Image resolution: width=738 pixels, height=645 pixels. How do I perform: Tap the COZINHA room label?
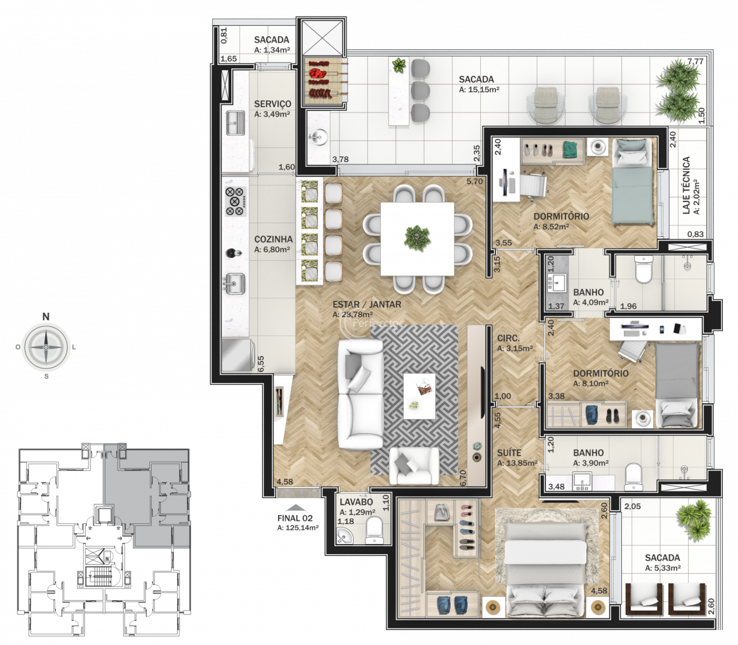[273, 239]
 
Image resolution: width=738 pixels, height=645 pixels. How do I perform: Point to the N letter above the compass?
[46, 317]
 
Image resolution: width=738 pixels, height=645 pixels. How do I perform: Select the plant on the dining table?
[418, 238]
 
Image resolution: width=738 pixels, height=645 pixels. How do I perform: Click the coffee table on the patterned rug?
[419, 396]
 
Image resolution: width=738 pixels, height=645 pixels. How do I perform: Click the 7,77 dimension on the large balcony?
[695, 61]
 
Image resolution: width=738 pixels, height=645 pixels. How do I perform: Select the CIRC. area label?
[508, 338]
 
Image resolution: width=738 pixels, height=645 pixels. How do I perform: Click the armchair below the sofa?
[414, 466]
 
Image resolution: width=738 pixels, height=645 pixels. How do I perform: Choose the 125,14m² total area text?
[298, 528]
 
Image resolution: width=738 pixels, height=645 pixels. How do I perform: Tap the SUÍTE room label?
[509, 453]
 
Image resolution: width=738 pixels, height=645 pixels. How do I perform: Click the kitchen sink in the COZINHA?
[235, 283]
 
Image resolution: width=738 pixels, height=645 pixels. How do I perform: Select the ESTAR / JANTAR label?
[367, 304]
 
